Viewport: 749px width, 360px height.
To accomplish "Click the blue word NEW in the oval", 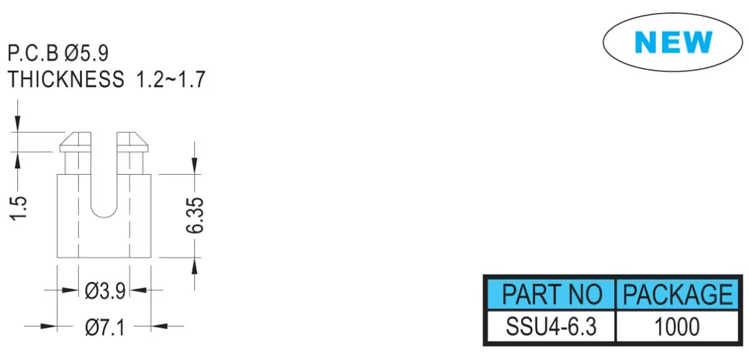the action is (x=673, y=42).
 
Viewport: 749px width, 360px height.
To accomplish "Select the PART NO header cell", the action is (x=551, y=294).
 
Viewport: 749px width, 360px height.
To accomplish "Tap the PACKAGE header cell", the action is (x=677, y=294).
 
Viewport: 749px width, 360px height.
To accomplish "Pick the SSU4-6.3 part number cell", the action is (x=551, y=326).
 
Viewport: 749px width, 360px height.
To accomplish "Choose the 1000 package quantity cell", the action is (x=677, y=326).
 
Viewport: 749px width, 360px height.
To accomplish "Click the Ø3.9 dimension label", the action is (x=105, y=291).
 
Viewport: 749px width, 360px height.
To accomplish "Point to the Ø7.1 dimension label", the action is (x=105, y=327).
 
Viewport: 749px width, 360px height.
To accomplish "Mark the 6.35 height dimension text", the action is (x=195, y=215).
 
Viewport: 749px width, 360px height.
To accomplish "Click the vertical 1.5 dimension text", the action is (x=18, y=208).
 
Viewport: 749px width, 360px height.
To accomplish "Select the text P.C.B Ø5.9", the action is (x=58, y=53).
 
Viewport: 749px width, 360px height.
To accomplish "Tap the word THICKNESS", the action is (x=66, y=79).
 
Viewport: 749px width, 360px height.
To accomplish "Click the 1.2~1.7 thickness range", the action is (x=170, y=79).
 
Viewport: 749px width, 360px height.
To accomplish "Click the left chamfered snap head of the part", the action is (x=76, y=142).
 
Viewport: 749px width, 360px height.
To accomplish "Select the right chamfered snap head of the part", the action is (x=132, y=142).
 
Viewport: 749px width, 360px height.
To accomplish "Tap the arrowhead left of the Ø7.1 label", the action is (x=49, y=326).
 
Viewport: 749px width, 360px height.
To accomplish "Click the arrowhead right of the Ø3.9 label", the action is (x=138, y=289).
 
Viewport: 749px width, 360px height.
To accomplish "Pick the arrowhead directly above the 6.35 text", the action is (x=194, y=166).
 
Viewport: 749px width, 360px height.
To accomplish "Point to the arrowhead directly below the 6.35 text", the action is (x=194, y=266).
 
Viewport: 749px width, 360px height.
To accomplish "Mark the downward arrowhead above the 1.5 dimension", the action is (x=17, y=124).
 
